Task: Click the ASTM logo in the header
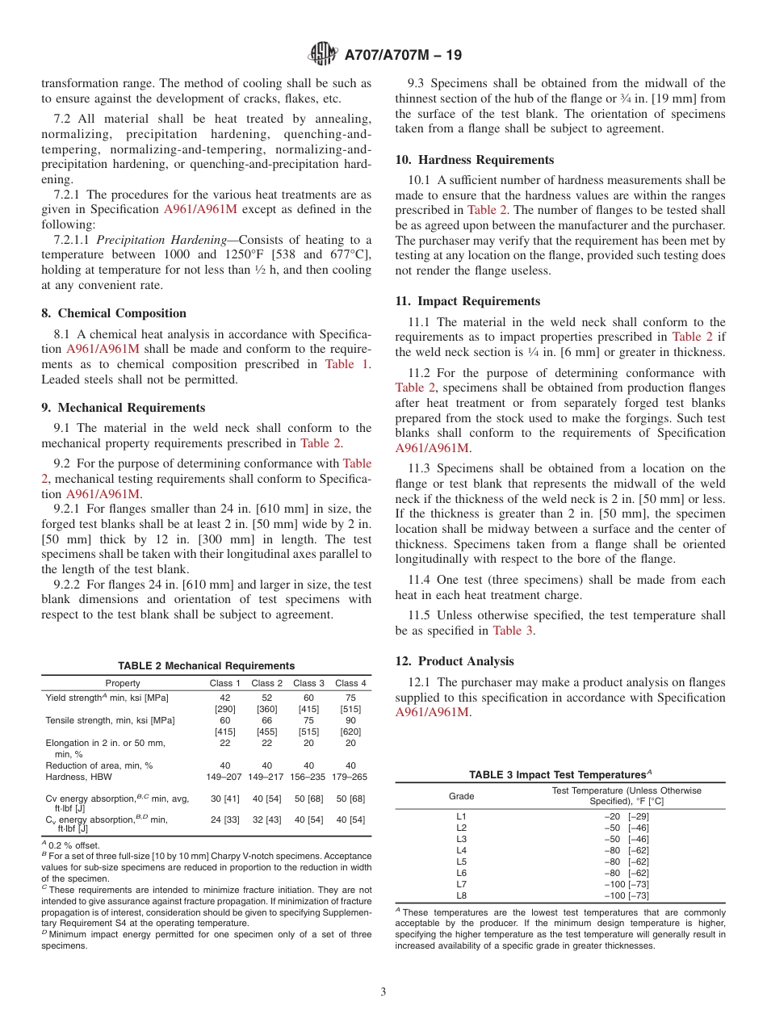click(x=323, y=55)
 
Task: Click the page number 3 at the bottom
click(x=383, y=991)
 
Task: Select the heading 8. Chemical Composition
click(x=114, y=313)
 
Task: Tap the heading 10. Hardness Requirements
click(x=474, y=160)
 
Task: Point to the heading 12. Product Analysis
click(x=455, y=661)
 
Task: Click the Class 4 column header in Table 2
click(x=351, y=683)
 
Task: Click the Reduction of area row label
click(x=98, y=765)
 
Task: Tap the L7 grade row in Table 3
click(x=462, y=884)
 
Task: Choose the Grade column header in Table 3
click(x=462, y=796)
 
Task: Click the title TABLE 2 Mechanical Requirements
click(x=206, y=666)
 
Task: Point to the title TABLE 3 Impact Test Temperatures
click(x=560, y=775)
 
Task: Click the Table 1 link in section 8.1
click(x=348, y=364)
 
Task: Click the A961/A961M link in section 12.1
click(x=432, y=712)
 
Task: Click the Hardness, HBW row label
click(x=78, y=777)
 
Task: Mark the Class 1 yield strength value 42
click(x=225, y=698)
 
